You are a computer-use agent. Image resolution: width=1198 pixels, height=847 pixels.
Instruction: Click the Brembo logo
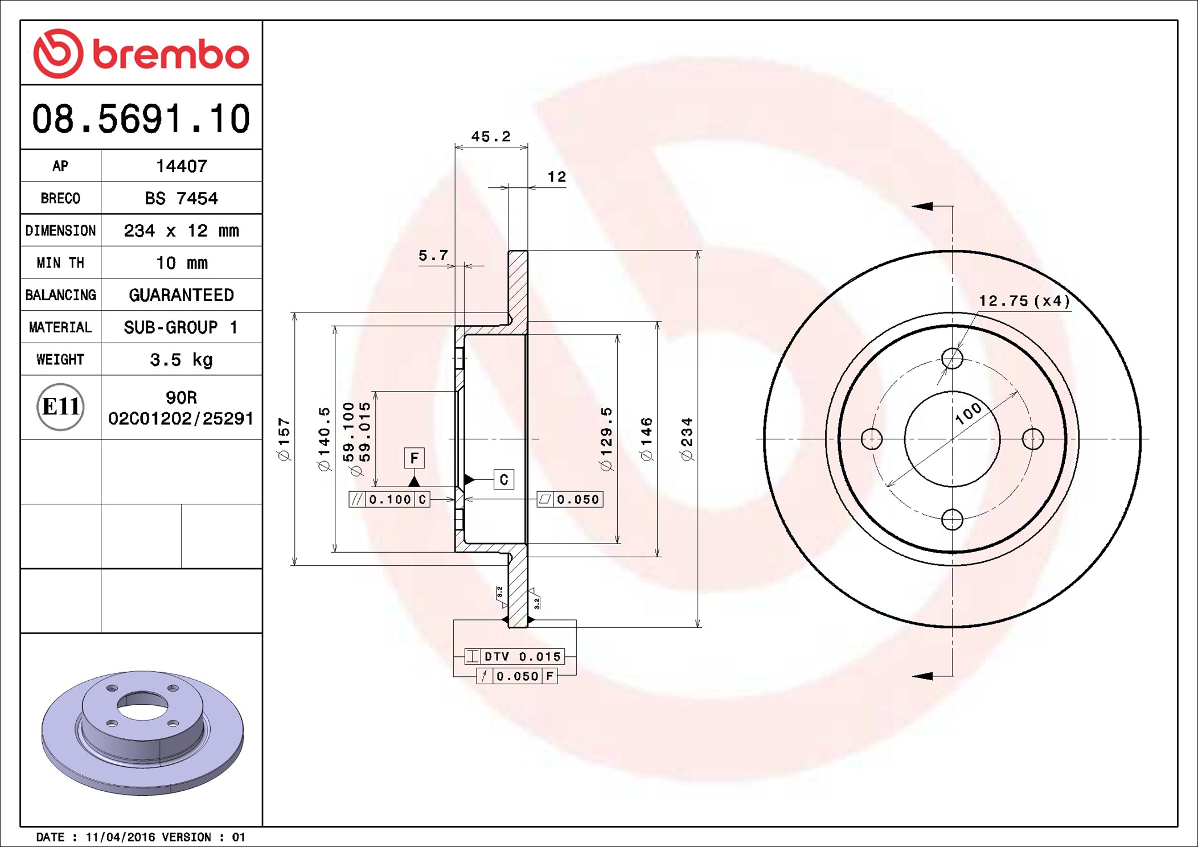(141, 54)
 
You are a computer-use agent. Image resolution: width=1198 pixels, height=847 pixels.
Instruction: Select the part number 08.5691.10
(141, 119)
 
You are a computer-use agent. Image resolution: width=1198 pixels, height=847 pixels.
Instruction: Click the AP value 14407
(182, 166)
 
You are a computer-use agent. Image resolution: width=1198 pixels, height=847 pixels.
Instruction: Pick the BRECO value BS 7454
(181, 198)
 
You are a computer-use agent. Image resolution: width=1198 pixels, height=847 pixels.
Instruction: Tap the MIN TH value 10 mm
(182, 262)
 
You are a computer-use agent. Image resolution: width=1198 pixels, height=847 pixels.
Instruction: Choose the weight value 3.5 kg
(181, 360)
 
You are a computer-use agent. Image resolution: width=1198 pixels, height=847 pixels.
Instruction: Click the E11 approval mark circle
(60, 407)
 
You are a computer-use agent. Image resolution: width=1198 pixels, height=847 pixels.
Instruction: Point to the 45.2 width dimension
(491, 137)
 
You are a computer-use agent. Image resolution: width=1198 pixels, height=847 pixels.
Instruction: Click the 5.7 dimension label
(433, 256)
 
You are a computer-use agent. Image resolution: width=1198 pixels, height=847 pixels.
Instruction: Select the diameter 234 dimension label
(687, 439)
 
